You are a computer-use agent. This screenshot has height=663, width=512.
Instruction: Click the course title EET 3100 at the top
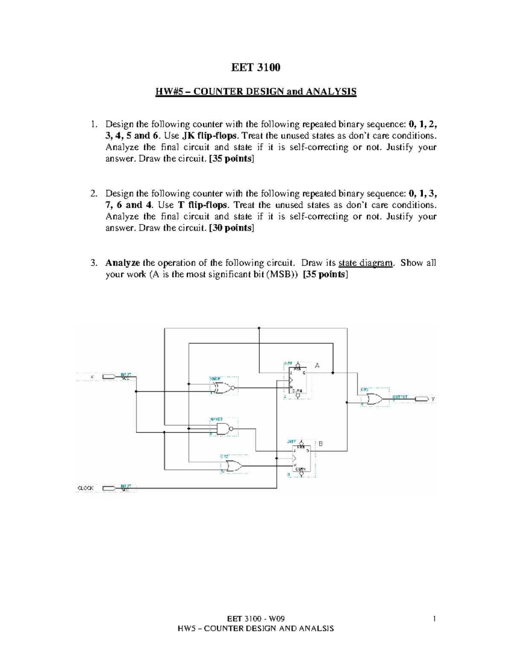[256, 67]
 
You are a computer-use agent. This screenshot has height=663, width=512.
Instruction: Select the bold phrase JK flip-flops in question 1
[209, 136]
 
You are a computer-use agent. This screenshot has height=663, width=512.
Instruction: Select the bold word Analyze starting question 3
[122, 263]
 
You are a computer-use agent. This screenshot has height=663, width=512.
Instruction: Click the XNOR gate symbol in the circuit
[223, 388]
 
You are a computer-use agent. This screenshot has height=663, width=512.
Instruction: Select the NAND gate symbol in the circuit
[224, 429]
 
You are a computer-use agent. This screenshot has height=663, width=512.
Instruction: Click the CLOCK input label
[85, 488]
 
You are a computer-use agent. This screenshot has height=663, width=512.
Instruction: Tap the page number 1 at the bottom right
[434, 619]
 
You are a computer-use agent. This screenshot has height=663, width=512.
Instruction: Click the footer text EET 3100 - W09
[256, 619]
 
